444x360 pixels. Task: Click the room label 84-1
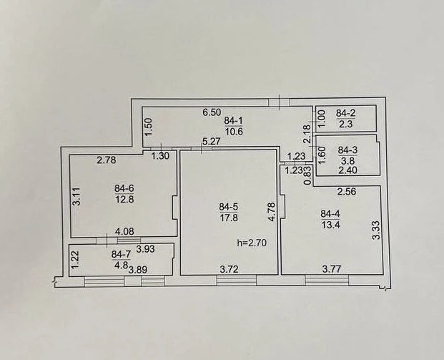pos(233,121)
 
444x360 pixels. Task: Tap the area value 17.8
pos(229,218)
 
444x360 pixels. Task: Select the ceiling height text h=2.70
pos(252,243)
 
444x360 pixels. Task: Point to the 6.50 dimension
pos(212,112)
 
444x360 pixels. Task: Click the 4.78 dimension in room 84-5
pos(272,211)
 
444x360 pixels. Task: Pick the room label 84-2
pos(345,113)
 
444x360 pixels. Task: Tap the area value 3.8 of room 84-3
pos(347,161)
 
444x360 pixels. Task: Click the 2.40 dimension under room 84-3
pos(347,170)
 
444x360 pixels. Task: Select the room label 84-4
pos(330,214)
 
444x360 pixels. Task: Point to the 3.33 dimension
pos(377,230)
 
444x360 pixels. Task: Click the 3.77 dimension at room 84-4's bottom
pos(332,268)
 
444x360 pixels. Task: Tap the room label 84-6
pos(124,188)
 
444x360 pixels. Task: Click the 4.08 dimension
pos(124,232)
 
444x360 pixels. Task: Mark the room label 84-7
pos(121,254)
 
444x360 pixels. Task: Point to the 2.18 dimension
pos(308,135)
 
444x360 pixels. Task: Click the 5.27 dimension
pos(211,141)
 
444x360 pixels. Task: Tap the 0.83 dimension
pos(308,176)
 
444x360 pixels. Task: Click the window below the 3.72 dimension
pos(237,281)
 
